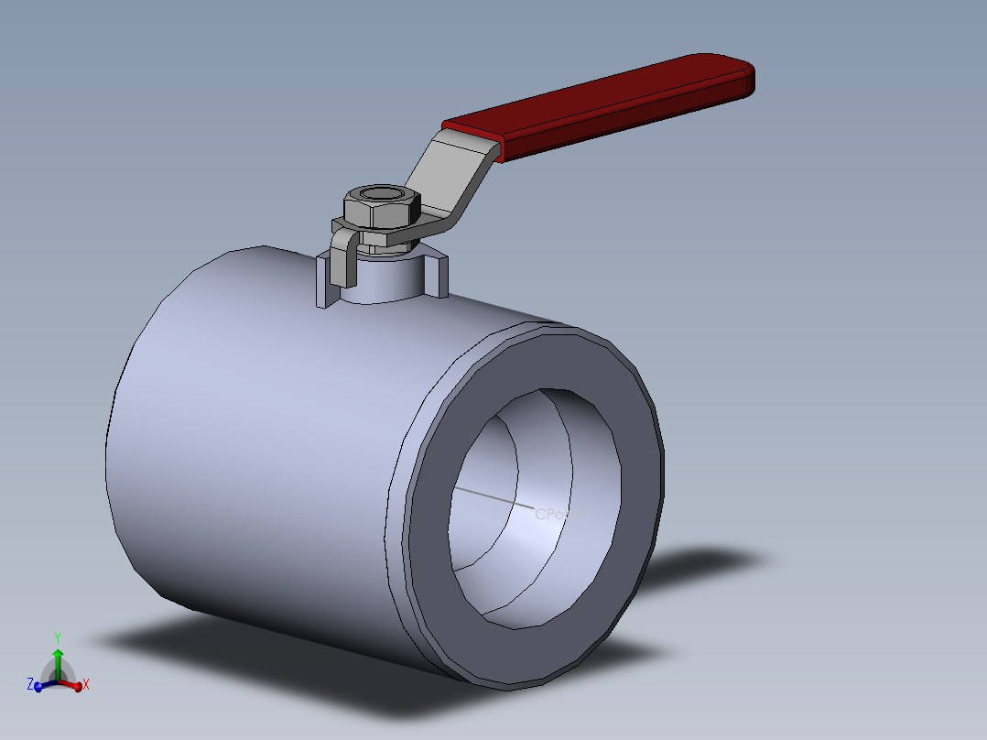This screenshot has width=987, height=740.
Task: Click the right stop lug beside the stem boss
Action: pyautogui.click(x=439, y=276)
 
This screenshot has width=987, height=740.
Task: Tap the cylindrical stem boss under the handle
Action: pyautogui.click(x=385, y=278)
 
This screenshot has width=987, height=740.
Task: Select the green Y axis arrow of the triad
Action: pyautogui.click(x=58, y=660)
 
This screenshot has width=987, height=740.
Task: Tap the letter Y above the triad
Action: pyautogui.click(x=58, y=637)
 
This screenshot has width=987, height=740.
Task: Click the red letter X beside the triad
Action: pyautogui.click(x=86, y=684)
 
